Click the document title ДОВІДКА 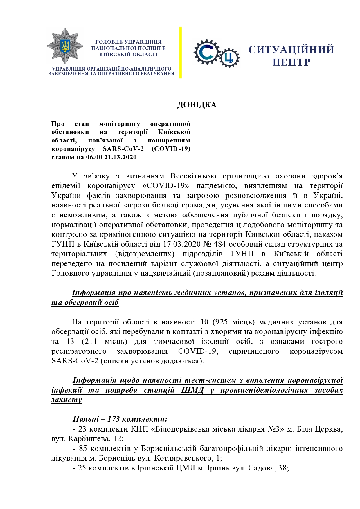(x=197, y=105)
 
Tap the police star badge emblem (x=65, y=46)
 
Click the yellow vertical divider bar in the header (x=180, y=53)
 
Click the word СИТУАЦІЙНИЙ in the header (x=291, y=50)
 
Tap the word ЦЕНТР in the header (x=291, y=62)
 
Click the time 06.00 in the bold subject (x=93, y=157)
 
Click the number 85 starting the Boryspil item (x=83, y=448)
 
